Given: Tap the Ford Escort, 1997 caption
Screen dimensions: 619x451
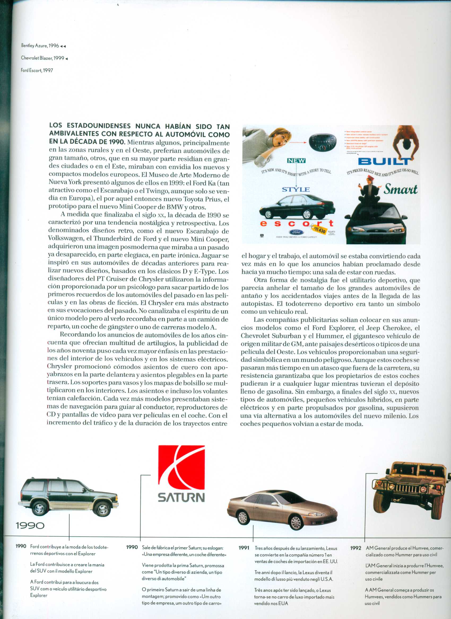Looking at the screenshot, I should click(x=37, y=70).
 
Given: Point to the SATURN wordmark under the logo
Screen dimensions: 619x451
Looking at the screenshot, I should click(x=181, y=497).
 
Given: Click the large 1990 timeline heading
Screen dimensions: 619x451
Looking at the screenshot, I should click(x=30, y=525).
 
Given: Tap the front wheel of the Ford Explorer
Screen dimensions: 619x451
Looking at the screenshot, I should click(x=102, y=508).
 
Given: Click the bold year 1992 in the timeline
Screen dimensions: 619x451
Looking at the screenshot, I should click(x=355, y=548).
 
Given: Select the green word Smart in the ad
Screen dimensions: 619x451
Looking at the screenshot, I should click(x=401, y=189).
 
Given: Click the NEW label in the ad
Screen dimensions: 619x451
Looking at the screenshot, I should click(x=296, y=161).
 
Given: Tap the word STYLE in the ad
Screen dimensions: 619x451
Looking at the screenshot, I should click(x=296, y=189).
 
